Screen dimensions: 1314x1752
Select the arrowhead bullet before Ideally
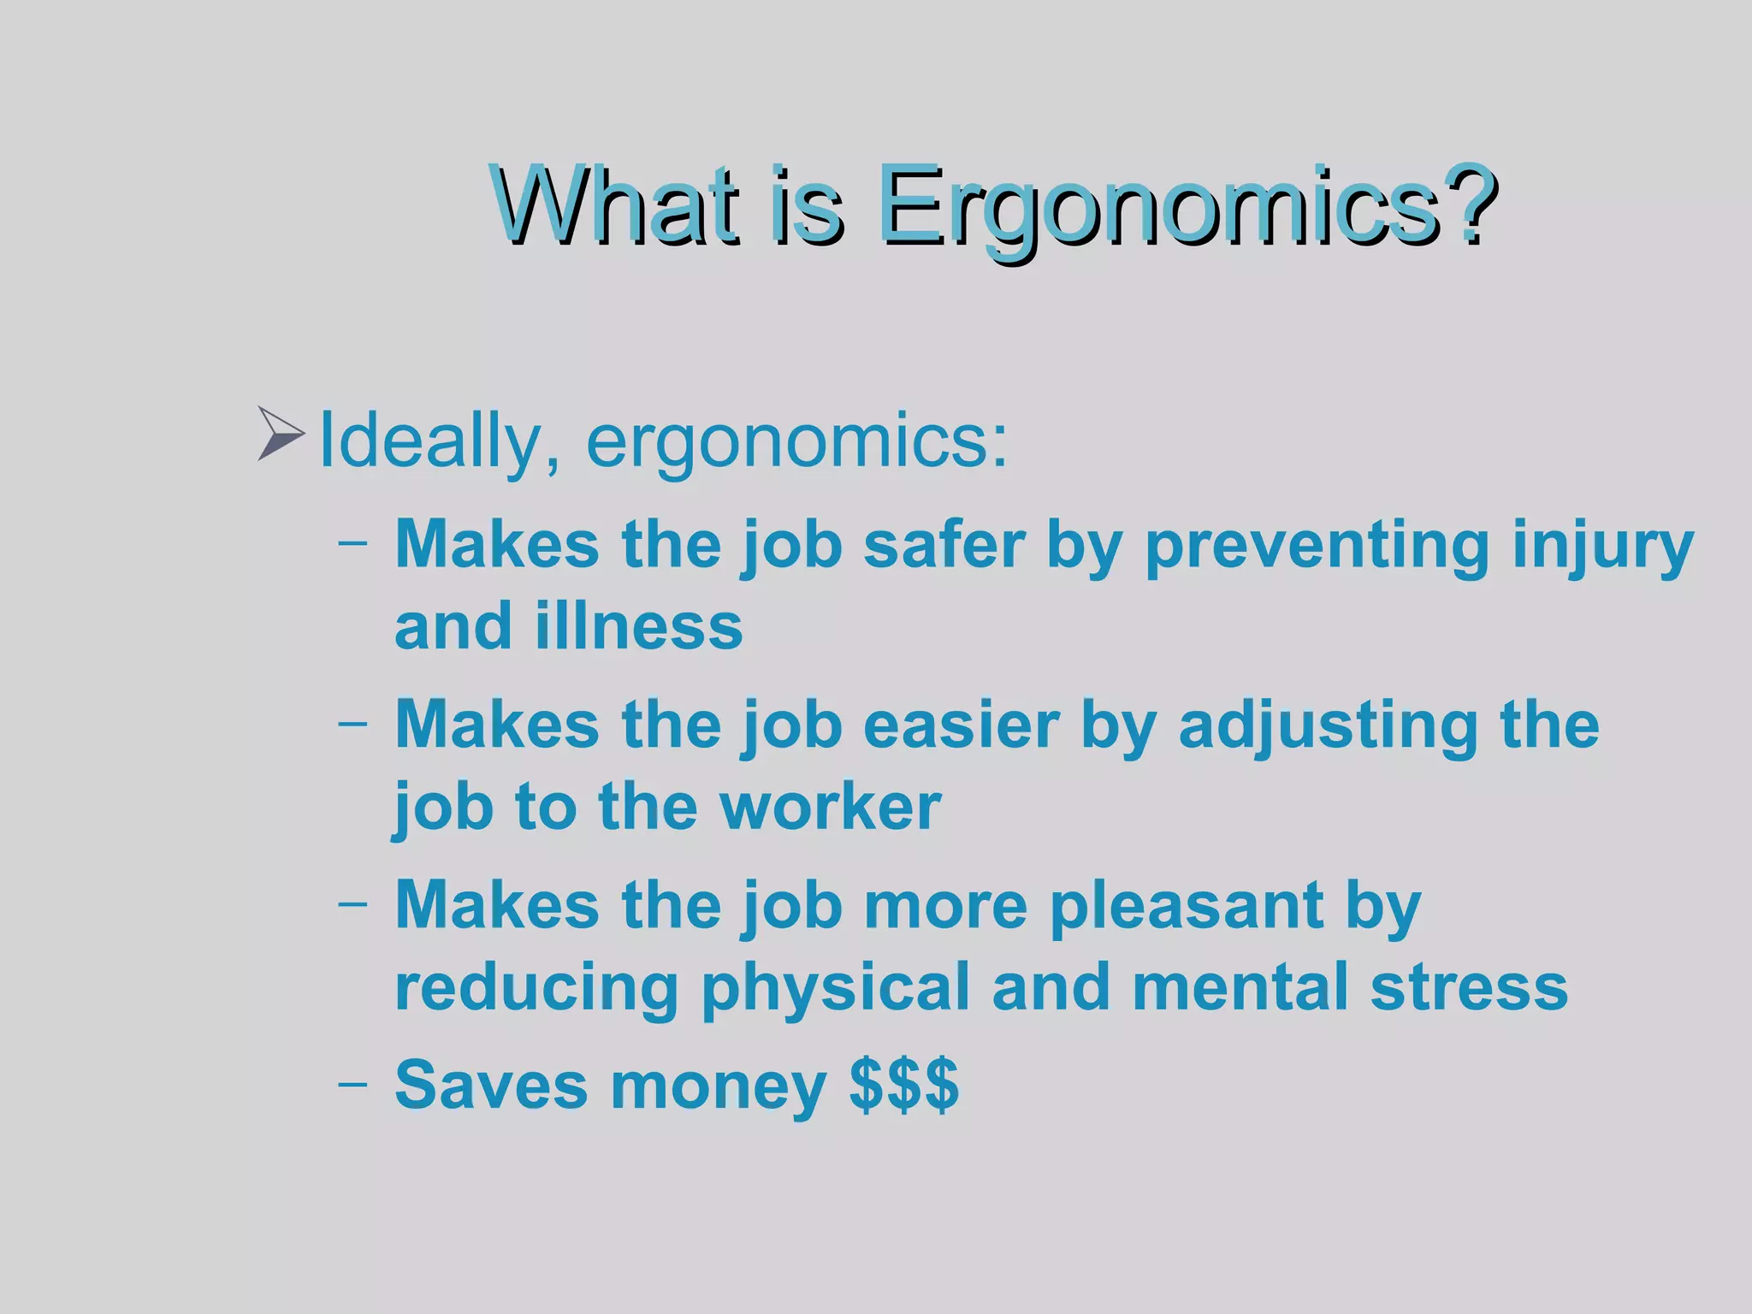tap(281, 435)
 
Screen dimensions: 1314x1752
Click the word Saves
tap(491, 1085)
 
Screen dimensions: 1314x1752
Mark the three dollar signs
tap(904, 1085)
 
